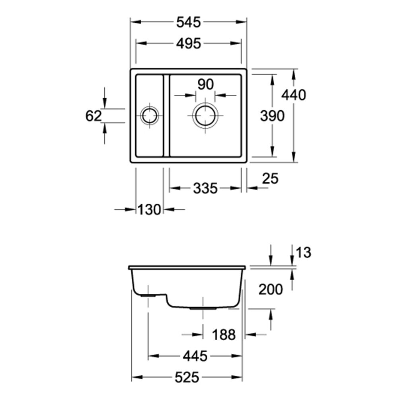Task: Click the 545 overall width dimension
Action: pos(188,22)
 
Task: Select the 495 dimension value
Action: pos(189,44)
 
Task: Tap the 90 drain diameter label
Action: pos(205,84)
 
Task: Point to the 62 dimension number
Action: pos(94,116)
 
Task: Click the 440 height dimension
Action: pos(294,95)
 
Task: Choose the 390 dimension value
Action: pos(272,116)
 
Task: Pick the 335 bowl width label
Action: pos(205,188)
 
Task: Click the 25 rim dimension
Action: pos(270,178)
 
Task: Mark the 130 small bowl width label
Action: pos(149,210)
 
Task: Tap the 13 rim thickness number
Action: pos(303,253)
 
